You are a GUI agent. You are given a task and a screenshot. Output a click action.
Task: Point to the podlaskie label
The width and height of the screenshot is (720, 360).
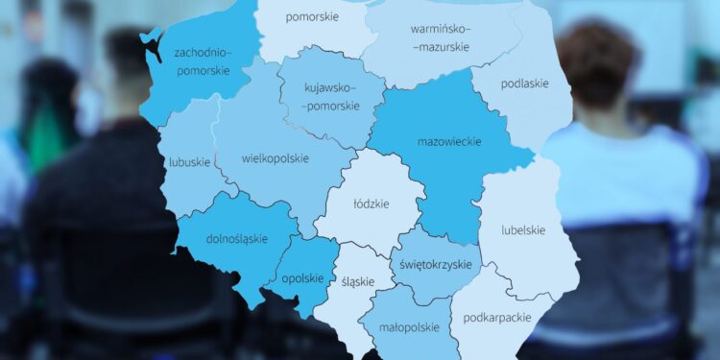[x=524, y=84]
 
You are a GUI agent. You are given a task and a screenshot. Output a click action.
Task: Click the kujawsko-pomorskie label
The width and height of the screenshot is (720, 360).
[x=329, y=96]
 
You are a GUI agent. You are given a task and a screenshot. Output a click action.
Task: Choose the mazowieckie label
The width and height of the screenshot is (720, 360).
[x=449, y=142]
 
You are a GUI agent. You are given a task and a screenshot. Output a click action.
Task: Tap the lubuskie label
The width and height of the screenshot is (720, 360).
[x=189, y=162]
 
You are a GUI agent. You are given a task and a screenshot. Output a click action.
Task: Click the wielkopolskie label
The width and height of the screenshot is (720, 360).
[x=276, y=157]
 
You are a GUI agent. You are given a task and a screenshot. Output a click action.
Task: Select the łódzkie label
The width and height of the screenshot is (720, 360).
[x=371, y=204]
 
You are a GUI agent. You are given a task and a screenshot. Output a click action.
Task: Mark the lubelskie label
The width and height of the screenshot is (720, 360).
[x=523, y=229]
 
